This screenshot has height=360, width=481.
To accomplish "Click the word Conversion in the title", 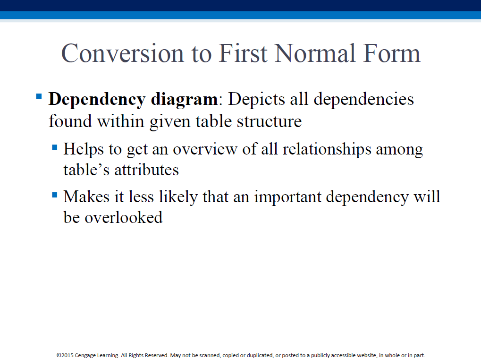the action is click(x=123, y=53).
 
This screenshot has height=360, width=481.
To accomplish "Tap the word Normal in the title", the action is click(x=315, y=53).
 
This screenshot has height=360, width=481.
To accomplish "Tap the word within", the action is click(x=120, y=121).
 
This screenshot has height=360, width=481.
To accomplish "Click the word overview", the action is click(x=205, y=149).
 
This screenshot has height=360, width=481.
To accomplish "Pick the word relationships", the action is click(x=327, y=149).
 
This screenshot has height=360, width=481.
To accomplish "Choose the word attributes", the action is click(x=147, y=170).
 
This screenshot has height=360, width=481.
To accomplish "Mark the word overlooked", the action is click(x=124, y=218).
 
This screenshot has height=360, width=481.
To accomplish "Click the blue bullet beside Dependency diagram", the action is click(x=39, y=97).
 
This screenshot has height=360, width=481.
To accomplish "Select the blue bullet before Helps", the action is click(x=55, y=147).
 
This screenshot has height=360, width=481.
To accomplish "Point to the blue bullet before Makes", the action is click(x=55, y=195).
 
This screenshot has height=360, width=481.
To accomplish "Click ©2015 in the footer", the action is click(x=65, y=355).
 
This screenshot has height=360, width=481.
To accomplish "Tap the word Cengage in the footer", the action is click(x=85, y=355).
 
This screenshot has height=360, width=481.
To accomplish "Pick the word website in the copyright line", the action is click(x=367, y=355).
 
